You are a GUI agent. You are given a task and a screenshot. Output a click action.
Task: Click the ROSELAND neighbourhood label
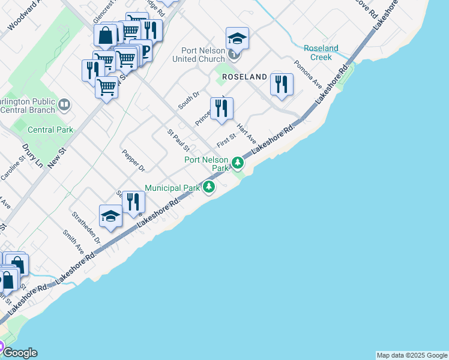(x=244, y=77)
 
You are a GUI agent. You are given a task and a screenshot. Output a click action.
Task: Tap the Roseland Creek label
(x=321, y=52)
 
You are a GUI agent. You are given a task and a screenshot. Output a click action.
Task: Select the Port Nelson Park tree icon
(x=238, y=163)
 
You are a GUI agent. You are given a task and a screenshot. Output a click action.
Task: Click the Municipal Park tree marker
(x=209, y=188)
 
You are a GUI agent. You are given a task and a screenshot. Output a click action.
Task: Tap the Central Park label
(x=50, y=130)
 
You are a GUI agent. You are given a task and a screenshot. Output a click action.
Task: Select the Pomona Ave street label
(x=307, y=71)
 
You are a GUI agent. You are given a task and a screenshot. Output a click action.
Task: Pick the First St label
(x=226, y=142)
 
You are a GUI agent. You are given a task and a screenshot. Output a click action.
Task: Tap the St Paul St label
(x=178, y=140)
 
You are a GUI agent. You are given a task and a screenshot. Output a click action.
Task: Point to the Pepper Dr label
(x=133, y=161)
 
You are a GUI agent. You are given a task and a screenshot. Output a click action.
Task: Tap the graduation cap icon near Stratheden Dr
(x=110, y=216)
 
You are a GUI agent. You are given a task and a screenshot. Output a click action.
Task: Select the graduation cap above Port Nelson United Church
(x=237, y=39)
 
